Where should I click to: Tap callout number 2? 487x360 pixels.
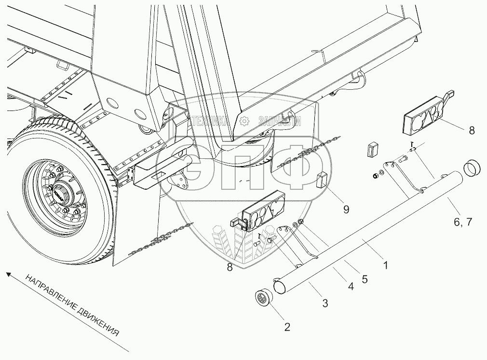tap(287, 327)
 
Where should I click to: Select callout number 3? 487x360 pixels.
tap(325, 304)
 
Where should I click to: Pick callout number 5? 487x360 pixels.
tap(365, 278)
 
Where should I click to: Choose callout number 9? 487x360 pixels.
tap(346, 208)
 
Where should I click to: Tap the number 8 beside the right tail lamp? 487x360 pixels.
tap(471, 130)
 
